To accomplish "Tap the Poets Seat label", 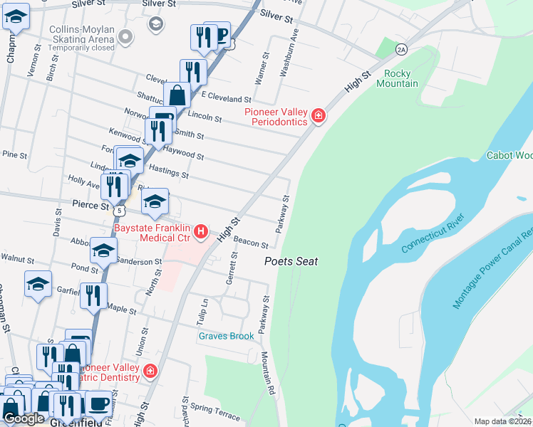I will [x=291, y=261].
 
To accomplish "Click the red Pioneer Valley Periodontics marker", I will [x=318, y=117].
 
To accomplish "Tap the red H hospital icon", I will [x=202, y=231].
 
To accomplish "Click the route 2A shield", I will [x=402, y=48].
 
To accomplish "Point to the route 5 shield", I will [x=120, y=211].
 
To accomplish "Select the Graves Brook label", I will [x=226, y=336].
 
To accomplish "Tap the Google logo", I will [x=24, y=418].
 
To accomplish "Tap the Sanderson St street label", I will [x=138, y=262].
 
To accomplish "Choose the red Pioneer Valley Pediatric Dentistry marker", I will [x=150, y=371].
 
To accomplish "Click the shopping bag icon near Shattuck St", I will [x=177, y=95].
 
